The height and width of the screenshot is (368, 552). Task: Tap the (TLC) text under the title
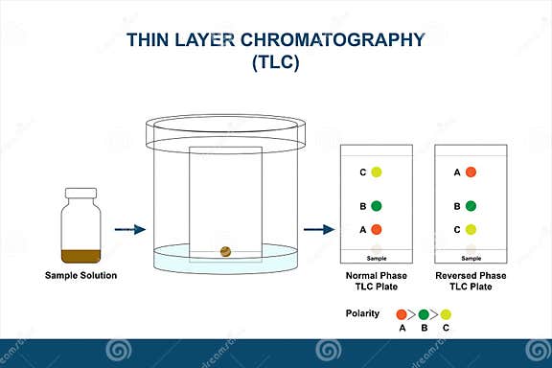pos(276,65)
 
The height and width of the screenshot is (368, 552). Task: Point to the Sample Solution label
pos(80,276)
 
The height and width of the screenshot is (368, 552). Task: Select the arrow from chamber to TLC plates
pos(319,229)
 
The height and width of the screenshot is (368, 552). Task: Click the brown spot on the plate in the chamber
pos(225,251)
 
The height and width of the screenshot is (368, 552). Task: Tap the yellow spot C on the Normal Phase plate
pos(377,172)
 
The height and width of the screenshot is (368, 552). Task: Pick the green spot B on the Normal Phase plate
pos(377,206)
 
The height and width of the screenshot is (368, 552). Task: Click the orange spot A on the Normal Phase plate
pos(377,229)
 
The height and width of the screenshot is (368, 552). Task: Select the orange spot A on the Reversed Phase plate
pos(471,172)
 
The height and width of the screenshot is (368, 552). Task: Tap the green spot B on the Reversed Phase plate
pos(471,206)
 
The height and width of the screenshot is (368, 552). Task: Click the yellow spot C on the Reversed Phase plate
pos(471,229)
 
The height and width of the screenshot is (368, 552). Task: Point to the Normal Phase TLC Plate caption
pos(377,281)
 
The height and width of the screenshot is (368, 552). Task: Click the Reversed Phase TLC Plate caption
pos(471,281)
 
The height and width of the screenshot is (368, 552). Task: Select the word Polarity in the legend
pos(361,313)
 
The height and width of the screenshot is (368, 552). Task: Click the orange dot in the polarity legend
pos(402,313)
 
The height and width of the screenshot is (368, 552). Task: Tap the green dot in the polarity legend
pos(424,313)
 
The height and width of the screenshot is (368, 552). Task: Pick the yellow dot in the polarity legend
pos(446,313)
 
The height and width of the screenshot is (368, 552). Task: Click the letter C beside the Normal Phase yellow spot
pos(362,172)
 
